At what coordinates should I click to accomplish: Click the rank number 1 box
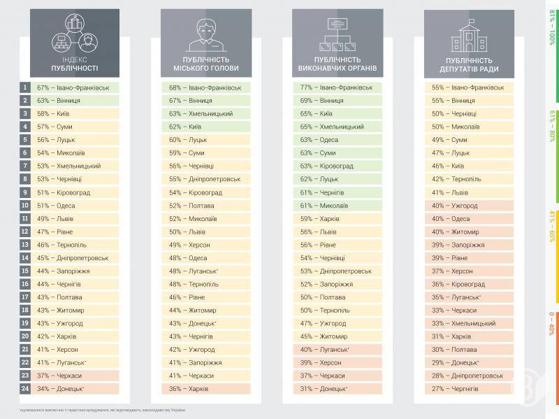(25, 87)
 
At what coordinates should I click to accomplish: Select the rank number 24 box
(25, 388)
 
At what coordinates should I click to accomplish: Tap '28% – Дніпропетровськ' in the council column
(467, 376)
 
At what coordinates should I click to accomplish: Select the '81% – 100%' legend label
(552, 28)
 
